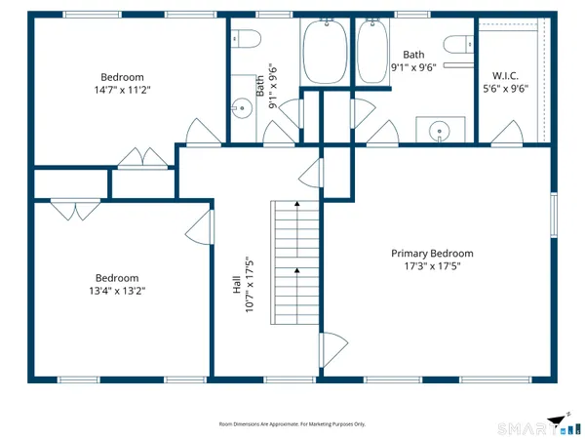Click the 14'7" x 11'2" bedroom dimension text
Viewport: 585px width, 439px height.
pos(123,90)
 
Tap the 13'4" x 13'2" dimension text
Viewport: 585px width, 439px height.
pos(116,290)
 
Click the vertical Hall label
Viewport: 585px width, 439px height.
pos(237,285)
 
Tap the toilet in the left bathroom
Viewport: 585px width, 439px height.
pos(247,40)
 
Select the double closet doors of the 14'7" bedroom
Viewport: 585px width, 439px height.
pos(142,156)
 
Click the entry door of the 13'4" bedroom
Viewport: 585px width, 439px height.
pos(199,228)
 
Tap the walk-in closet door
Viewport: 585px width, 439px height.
pos(506,131)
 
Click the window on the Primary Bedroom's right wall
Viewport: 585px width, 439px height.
pos(553,216)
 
